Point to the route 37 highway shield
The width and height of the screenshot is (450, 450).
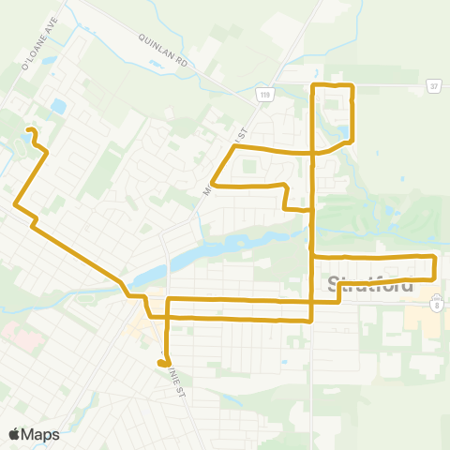coord(434,84)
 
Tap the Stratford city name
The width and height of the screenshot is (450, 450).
coord(372,284)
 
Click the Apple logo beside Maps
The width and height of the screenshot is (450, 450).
coord(14,434)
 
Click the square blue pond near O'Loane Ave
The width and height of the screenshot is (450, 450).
coord(59,107)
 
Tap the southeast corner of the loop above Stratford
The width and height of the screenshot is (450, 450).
coord(434,278)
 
